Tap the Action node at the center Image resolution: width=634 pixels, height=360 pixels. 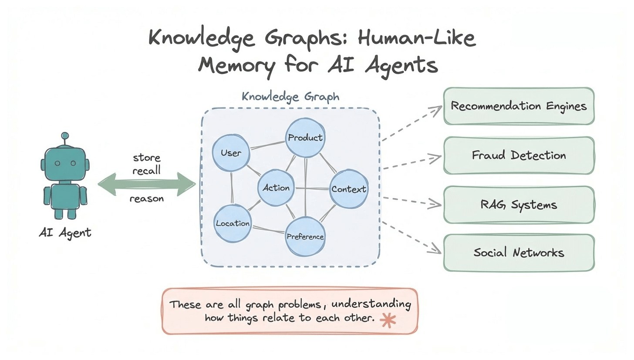(277, 188)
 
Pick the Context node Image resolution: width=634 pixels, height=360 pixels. (349, 189)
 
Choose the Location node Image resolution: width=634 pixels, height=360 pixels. (233, 223)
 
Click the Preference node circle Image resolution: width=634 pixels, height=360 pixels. (305, 236)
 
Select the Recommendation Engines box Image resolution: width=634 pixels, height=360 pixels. (519, 106)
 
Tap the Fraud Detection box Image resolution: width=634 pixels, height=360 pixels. (519, 155)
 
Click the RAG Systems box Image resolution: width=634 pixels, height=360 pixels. (519, 205)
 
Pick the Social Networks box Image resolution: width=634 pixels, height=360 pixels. (519, 253)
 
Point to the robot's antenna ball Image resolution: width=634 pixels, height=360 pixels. (65, 136)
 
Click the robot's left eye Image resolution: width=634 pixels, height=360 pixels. (57, 163)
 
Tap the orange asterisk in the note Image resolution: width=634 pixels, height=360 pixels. (388, 320)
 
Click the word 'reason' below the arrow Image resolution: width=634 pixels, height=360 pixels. (147, 199)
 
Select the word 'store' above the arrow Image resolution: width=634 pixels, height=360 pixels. (147, 157)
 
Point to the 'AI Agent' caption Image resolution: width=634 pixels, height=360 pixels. (65, 233)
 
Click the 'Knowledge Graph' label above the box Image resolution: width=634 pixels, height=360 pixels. (290, 96)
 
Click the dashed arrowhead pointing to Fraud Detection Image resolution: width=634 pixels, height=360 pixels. (437, 158)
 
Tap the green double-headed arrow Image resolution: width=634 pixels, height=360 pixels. (147, 185)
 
